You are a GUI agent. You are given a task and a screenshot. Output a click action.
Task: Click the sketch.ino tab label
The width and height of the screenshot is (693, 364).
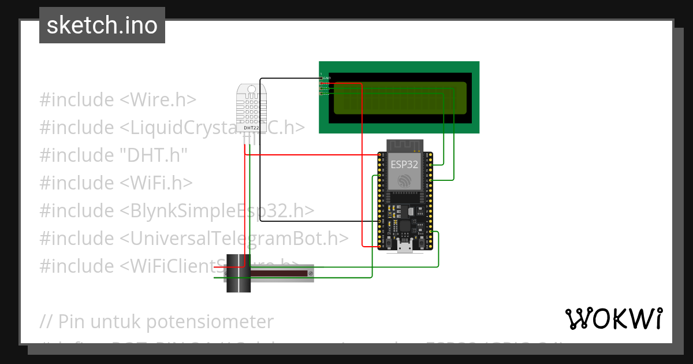(102, 25)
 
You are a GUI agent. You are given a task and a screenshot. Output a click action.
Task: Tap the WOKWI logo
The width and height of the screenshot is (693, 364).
(613, 318)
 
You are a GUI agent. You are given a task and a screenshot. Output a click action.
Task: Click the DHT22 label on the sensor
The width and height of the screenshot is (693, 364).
(251, 128)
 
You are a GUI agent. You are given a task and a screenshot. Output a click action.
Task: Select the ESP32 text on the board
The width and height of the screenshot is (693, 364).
(404, 164)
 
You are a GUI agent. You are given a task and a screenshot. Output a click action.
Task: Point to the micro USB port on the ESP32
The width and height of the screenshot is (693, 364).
(405, 247)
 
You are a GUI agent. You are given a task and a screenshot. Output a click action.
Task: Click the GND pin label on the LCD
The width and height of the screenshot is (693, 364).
(327, 78)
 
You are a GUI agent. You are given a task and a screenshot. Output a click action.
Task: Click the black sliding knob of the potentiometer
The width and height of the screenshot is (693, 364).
(238, 273)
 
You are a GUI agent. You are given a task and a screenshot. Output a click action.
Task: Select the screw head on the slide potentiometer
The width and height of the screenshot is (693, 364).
(311, 272)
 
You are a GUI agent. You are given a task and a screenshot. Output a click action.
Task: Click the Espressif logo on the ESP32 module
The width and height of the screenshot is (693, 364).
(404, 181)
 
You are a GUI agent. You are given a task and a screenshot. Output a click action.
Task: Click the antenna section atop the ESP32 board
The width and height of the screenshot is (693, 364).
(405, 144)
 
